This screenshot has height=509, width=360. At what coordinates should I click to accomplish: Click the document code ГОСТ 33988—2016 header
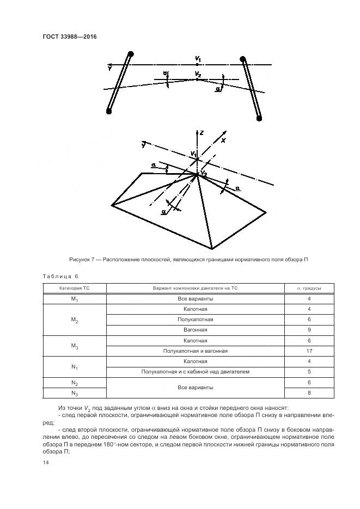click(x=65, y=37)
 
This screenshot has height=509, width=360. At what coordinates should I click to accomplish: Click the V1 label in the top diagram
click(x=198, y=58)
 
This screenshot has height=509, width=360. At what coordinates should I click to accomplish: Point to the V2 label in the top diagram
click(x=198, y=74)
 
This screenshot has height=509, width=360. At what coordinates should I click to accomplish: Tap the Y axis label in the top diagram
click(x=111, y=69)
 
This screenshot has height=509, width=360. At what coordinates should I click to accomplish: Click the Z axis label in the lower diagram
click(x=202, y=133)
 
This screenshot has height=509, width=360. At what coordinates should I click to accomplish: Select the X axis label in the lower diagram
click(x=223, y=140)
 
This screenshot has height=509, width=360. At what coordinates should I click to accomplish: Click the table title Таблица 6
click(x=60, y=276)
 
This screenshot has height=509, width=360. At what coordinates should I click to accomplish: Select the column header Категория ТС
click(x=75, y=288)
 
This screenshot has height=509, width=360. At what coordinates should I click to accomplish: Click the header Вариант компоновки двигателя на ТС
click(x=195, y=288)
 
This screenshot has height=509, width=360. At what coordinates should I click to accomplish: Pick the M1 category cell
click(x=75, y=299)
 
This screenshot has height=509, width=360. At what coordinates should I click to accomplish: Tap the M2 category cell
click(x=75, y=320)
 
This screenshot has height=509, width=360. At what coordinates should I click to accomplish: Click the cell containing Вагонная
click(x=195, y=330)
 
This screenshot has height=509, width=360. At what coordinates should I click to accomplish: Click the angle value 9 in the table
click(x=308, y=330)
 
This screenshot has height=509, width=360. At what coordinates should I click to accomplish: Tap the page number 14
click(x=45, y=462)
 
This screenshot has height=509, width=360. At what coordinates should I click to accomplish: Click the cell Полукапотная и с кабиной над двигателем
click(x=195, y=372)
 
